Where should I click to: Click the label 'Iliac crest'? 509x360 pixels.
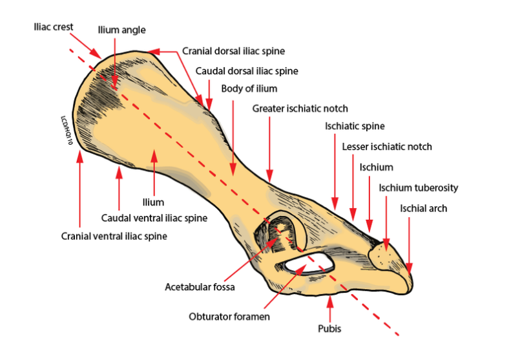click(54, 26)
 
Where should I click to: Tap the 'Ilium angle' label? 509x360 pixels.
click(121, 30)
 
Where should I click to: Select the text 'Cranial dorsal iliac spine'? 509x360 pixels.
click(233, 50)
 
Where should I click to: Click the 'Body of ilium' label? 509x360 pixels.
click(249, 89)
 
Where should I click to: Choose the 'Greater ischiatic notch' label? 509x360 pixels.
click(300, 109)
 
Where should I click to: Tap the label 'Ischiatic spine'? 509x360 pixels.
click(355, 126)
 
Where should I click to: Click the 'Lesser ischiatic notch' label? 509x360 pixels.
click(387, 147)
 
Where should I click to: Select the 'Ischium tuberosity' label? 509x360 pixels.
click(419, 188)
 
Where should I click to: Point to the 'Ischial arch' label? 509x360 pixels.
click(423, 208)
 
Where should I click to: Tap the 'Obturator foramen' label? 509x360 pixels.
click(229, 317)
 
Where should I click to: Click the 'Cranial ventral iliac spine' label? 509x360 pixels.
click(114, 236)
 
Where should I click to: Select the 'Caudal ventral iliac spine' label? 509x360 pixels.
click(154, 218)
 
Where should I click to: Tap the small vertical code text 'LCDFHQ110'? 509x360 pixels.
click(66, 130)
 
